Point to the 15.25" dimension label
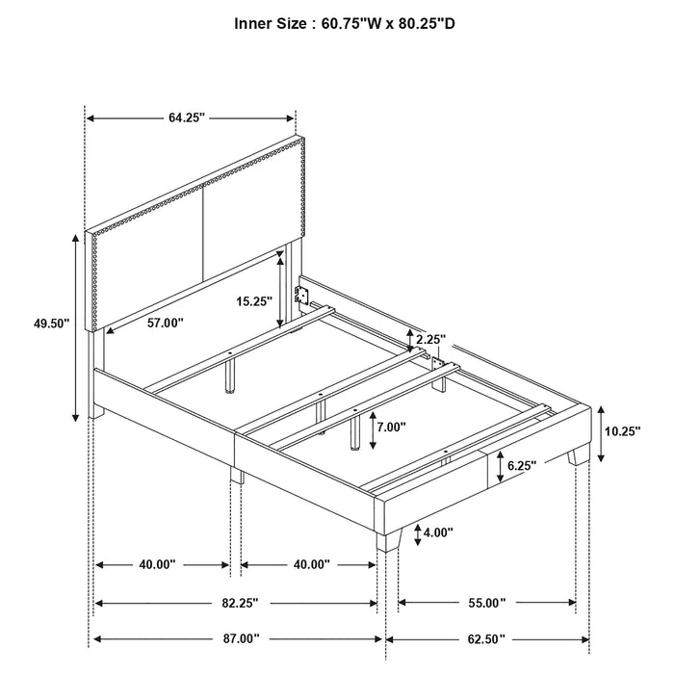pyautogui.click(x=254, y=300)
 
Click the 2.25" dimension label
pyautogui.click(x=431, y=339)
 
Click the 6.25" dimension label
pyautogui.click(x=523, y=467)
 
